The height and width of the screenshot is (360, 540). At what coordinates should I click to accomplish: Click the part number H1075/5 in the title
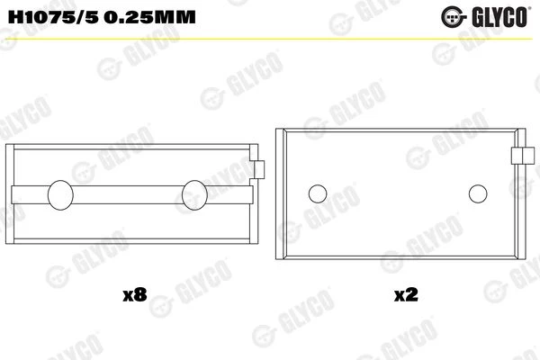point(51,17)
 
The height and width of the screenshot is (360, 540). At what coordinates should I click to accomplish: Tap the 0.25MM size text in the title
point(149,17)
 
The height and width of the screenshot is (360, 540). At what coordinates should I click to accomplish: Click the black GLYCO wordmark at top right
point(499,17)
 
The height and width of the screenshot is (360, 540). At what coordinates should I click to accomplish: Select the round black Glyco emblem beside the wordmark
point(453,17)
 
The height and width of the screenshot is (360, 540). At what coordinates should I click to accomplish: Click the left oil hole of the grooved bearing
point(60,195)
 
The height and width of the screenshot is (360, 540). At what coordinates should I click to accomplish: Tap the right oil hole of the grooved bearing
point(194,195)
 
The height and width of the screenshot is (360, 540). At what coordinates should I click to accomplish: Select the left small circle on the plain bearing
point(318,193)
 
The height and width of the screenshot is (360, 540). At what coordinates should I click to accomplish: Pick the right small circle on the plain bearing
point(478,193)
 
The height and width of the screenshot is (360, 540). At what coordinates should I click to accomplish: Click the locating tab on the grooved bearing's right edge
point(259,169)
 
